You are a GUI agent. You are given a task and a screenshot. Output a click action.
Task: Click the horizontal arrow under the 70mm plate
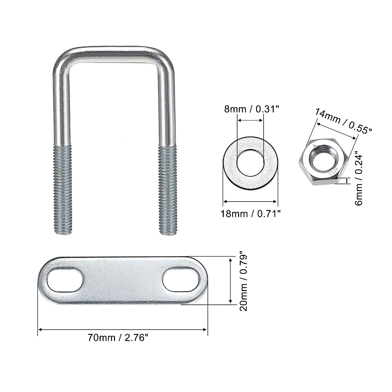pos(123,330)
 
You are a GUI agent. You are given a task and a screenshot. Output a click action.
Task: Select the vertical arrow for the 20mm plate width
pos(231,281)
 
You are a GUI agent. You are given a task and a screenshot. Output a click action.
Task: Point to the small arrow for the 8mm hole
pos(250,121)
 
